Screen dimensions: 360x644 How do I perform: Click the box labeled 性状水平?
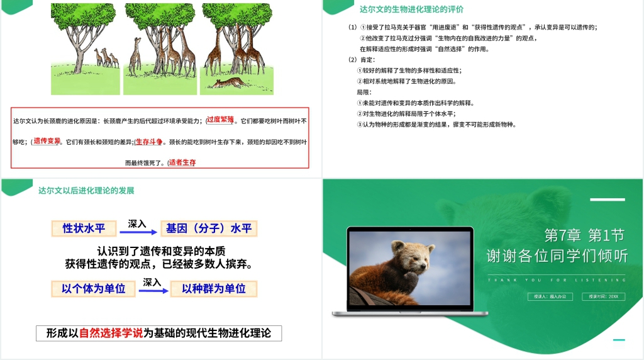point(84,228)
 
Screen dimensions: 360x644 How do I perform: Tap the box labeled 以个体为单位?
point(93,289)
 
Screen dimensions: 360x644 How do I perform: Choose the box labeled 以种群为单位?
point(214,289)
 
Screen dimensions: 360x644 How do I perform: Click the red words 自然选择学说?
point(111,333)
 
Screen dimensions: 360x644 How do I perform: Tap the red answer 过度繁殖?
point(221,120)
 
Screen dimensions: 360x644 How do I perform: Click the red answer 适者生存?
point(182,162)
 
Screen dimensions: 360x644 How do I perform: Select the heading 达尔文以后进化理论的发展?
point(86,190)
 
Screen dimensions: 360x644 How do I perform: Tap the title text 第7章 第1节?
point(584,235)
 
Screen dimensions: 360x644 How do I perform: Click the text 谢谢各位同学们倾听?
point(557,256)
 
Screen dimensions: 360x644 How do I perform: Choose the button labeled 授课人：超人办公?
point(550,296)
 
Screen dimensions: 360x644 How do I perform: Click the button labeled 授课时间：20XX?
point(603,296)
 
